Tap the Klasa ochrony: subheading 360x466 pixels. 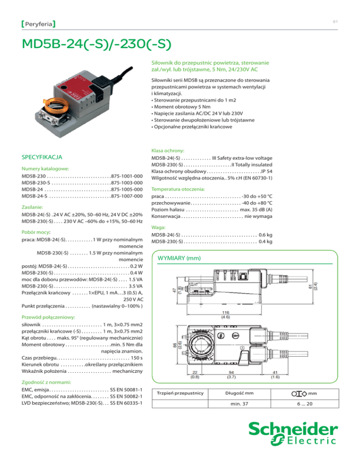click(167, 150)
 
